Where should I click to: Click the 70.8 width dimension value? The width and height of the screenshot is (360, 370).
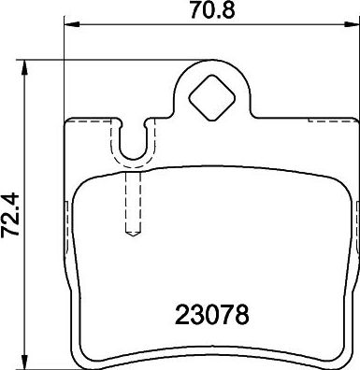pos(212,10)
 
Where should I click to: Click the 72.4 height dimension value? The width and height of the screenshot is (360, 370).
pos(10,216)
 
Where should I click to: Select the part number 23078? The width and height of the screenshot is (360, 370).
pos(212,315)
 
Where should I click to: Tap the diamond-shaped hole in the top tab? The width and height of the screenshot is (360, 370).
pos(212,97)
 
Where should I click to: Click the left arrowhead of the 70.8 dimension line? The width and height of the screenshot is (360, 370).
pos(72,23)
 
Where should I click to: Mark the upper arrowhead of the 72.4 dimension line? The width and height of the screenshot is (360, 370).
pos(24,67)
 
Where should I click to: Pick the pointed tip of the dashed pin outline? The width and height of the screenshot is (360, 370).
pos(134,235)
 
